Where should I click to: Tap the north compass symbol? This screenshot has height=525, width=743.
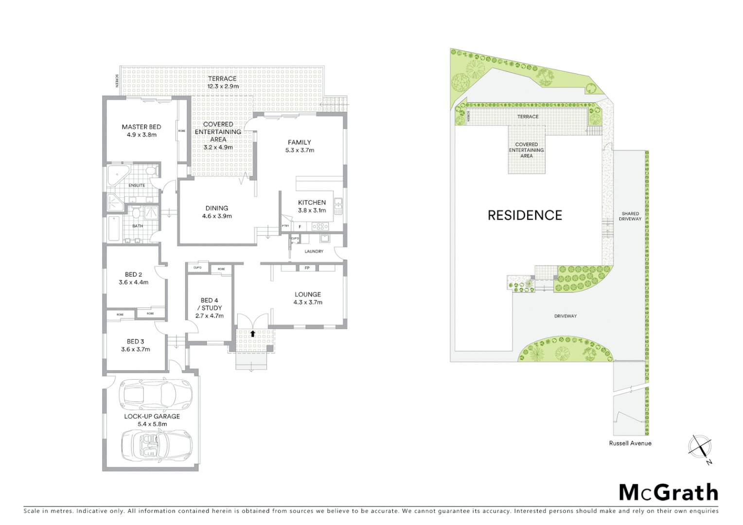(700, 448)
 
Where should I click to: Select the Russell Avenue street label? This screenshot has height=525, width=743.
(630, 443)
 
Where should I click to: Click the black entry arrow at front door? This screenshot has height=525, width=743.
(252, 333)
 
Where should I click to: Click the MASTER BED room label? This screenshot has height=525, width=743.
(141, 127)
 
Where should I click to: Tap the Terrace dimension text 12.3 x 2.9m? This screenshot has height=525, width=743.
(223, 87)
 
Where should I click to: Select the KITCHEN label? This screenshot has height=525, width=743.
(312, 202)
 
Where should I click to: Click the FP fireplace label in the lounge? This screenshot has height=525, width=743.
(307, 268)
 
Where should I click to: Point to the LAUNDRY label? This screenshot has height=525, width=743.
(314, 251)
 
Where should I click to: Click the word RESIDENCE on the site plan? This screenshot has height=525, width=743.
(525, 215)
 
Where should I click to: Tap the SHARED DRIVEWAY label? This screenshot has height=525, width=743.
(630, 216)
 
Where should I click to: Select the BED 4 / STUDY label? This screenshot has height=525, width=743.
(209, 304)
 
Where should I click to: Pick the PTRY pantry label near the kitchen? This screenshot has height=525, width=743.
(285, 226)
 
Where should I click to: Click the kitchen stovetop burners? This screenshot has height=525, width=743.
(320, 226)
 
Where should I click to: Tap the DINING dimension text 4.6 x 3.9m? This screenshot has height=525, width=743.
(217, 216)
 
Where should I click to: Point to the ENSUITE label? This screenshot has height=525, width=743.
(137, 185)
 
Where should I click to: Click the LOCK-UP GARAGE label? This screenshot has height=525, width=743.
(152, 416)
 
